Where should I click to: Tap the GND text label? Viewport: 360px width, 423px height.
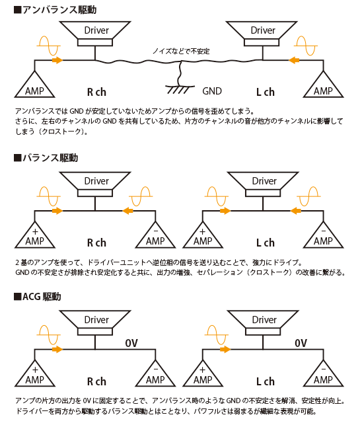click(x=212, y=91)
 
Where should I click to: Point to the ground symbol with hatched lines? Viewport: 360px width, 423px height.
click(x=180, y=90)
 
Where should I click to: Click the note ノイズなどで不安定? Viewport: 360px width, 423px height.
click(x=181, y=51)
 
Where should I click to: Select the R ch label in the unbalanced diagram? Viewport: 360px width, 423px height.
click(x=96, y=93)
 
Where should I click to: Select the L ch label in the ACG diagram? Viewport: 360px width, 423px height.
click(x=266, y=381)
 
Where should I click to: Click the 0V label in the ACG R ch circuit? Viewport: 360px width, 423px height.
click(x=131, y=343)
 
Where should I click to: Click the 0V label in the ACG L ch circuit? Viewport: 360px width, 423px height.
click(x=301, y=343)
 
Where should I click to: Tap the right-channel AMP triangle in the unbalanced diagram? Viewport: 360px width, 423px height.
click(x=34, y=85)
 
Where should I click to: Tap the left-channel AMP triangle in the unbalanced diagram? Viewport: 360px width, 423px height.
click(x=323, y=85)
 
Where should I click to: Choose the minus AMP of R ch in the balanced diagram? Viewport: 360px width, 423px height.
click(x=155, y=235)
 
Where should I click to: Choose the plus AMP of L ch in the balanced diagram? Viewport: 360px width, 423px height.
click(x=203, y=235)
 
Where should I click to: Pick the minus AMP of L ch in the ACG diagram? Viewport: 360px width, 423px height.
click(x=323, y=374)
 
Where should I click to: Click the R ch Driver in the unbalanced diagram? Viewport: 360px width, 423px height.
click(x=95, y=34)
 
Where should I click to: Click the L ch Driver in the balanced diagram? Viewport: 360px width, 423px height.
click(x=263, y=184)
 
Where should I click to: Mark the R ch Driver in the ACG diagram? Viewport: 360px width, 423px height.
click(x=95, y=323)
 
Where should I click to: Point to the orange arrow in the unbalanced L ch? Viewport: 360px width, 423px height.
click(x=294, y=60)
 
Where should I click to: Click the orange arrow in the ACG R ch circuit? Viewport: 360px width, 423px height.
click(x=57, y=350)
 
